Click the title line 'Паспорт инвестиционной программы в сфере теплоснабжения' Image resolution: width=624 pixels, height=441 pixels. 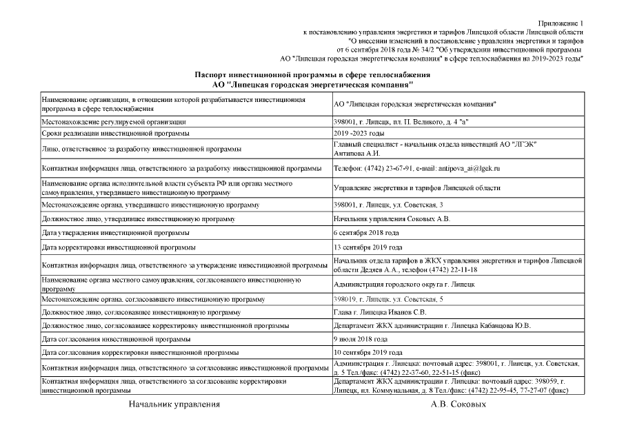pos(312,74)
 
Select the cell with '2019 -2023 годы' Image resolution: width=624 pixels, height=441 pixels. pos(359,133)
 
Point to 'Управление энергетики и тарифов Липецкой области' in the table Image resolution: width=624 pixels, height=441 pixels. pos(416,187)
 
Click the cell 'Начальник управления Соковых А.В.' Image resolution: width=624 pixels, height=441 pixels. pos(392,219)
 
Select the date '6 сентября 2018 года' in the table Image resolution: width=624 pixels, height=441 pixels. pos(366,233)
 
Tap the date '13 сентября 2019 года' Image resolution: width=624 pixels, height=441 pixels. pos(368,247)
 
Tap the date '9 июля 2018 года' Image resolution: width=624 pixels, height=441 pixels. pos(360,339)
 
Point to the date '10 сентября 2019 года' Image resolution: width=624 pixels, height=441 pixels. pos(368,352)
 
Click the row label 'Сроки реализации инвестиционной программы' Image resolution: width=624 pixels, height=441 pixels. pos(115,133)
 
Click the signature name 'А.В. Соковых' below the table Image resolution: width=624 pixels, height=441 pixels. pos(458,404)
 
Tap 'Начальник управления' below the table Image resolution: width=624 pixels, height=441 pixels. pos(174,404)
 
